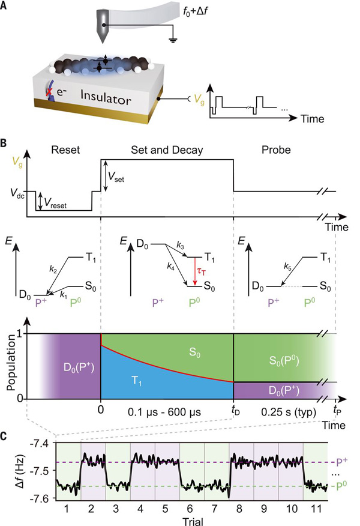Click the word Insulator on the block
tap(106, 97)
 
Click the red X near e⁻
tap(50, 92)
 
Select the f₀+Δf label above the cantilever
tap(196, 13)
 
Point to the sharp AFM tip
tap(103, 42)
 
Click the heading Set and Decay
tap(167, 150)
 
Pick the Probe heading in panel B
tap(276, 150)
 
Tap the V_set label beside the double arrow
tap(116, 177)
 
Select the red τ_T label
tap(201, 271)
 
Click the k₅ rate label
tap(287, 267)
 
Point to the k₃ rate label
tap(181, 246)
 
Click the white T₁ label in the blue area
tap(137, 381)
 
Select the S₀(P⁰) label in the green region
tap(284, 361)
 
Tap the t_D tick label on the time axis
tap(236, 410)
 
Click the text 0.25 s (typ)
tap(289, 411)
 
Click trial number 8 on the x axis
tap(239, 509)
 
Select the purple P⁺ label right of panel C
tap(341, 462)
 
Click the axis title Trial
tap(193, 522)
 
